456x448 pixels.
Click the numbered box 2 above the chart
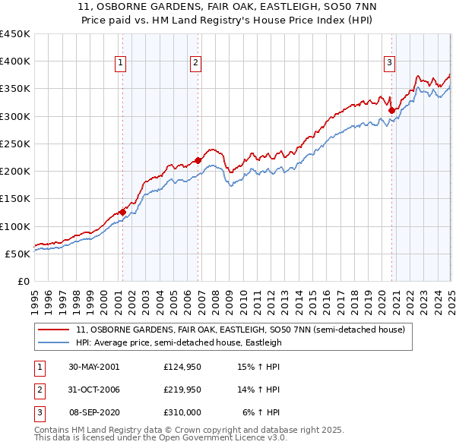coord(195,63)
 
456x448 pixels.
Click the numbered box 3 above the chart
coord(389,63)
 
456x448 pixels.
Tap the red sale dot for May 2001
coord(122,213)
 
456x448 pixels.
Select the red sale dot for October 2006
coord(198,160)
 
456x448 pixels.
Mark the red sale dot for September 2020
coord(391,110)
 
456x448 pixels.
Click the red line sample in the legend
coord(55,330)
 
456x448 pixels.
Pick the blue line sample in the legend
coord(55,342)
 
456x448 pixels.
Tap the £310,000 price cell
coord(182,412)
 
